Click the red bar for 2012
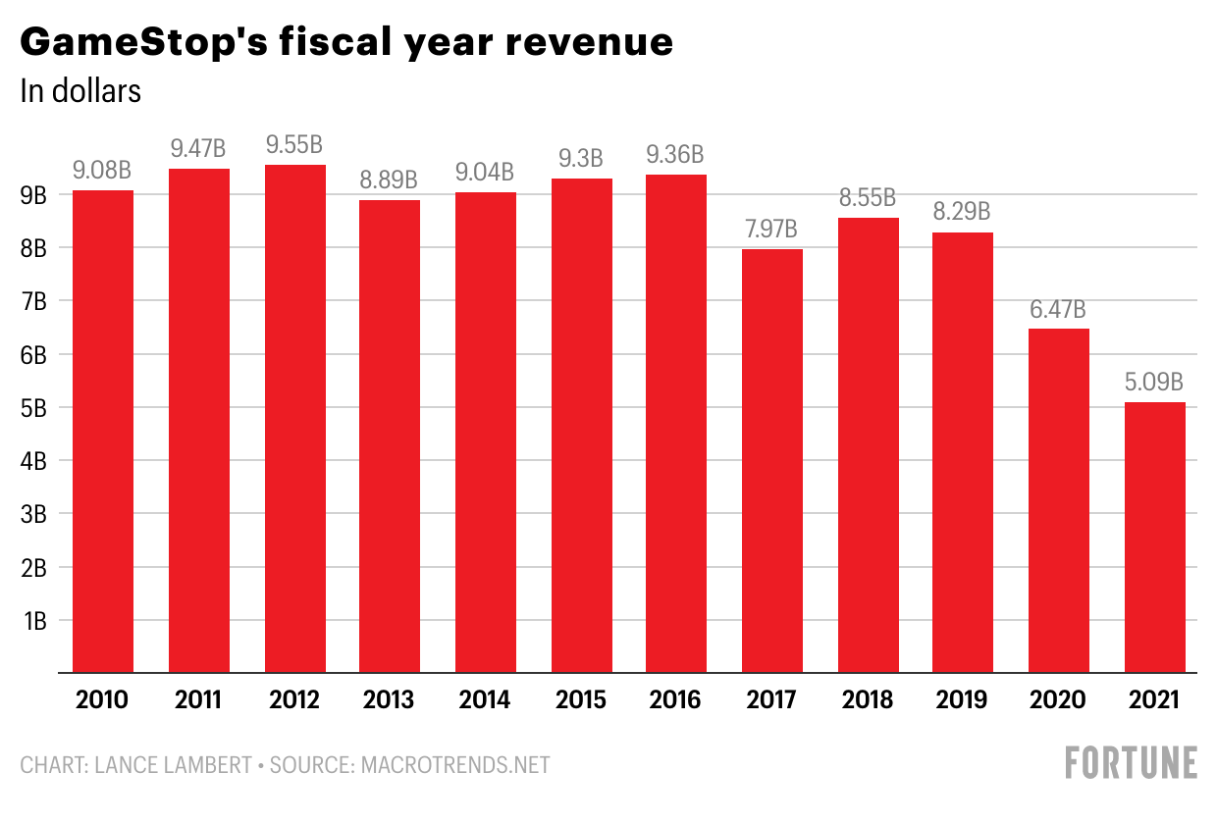(295, 419)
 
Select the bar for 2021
(1155, 538)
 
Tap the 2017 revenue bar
(772, 461)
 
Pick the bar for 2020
(1059, 501)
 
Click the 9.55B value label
(294, 145)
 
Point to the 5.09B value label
(1154, 383)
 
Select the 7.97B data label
(771, 230)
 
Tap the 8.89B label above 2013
(389, 180)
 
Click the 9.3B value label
(581, 159)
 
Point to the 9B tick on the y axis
(33, 195)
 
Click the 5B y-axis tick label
(33, 408)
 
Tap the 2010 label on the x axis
(102, 699)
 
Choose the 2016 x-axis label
(675, 699)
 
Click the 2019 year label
(962, 699)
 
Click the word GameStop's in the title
(144, 43)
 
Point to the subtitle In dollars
(80, 90)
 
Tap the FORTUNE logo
(1132, 762)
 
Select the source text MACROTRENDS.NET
(455, 765)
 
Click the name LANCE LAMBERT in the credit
(174, 765)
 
